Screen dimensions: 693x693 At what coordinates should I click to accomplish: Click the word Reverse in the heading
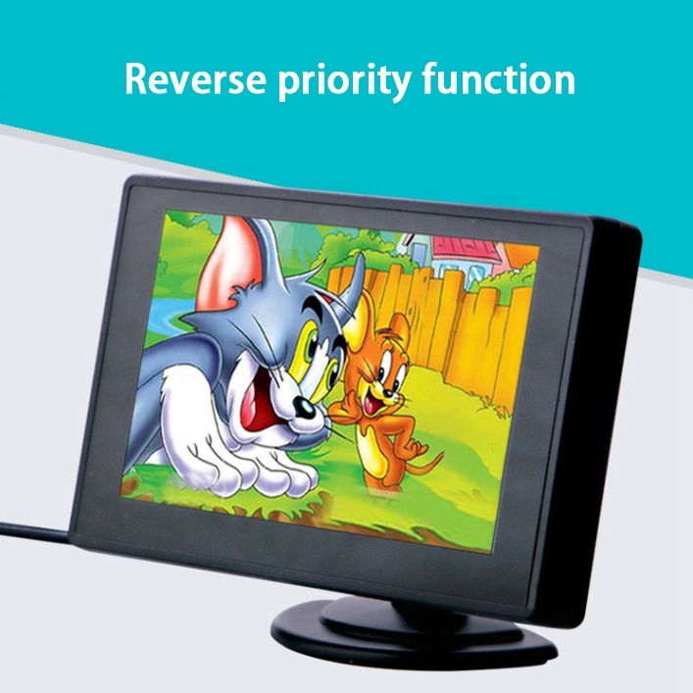pyautogui.click(x=195, y=78)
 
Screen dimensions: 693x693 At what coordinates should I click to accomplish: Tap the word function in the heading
pyautogui.click(x=498, y=78)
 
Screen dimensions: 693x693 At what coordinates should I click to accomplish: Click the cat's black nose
pyautogui.click(x=305, y=407)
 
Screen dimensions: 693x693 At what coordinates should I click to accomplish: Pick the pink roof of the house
pyautogui.click(x=469, y=253)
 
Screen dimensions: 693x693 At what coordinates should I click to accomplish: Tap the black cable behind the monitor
pyautogui.click(x=35, y=528)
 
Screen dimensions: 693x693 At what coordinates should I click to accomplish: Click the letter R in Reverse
pyautogui.click(x=135, y=79)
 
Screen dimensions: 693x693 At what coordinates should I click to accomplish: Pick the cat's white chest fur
pyautogui.click(x=185, y=411)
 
